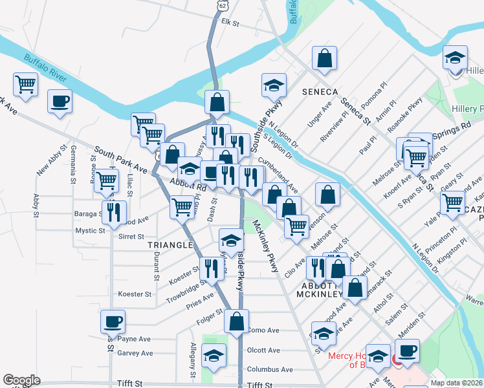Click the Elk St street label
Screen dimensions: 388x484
[230, 23]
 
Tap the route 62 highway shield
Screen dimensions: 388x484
[223, 5]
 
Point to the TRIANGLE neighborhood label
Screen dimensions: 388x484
[170, 245]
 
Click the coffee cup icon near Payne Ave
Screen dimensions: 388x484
[113, 321]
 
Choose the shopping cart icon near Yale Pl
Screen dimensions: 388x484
[452, 202]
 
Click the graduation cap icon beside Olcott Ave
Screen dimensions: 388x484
[213, 356]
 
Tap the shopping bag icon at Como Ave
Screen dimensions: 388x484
[237, 321]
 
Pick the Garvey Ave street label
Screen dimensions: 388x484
[135, 353]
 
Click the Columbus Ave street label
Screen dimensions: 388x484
[269, 369]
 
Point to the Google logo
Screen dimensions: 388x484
[21, 380]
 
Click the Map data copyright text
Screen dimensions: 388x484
[457, 383]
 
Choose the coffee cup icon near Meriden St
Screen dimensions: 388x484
[407, 350]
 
